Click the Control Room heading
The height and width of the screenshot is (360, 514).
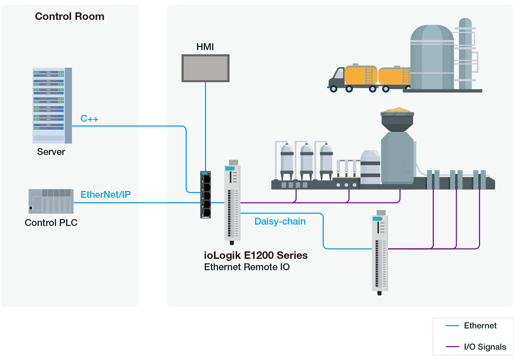(70, 16)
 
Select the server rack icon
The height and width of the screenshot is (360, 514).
(52, 105)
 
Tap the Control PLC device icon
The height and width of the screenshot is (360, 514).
(51, 201)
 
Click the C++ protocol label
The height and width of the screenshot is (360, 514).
(89, 119)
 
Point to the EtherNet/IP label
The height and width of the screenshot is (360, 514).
(106, 195)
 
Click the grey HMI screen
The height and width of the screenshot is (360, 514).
(205, 68)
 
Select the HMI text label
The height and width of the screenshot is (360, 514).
(205, 47)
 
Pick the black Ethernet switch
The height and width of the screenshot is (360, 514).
(206, 194)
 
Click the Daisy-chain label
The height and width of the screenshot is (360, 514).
(280, 221)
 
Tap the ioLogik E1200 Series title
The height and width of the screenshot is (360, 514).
(256, 255)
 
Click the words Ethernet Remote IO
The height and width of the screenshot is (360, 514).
(247, 267)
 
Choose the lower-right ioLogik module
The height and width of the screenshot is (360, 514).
(380, 252)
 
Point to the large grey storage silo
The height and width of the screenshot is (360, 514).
(432, 58)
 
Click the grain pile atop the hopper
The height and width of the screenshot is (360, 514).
(397, 110)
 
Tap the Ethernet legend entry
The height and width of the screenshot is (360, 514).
(480, 326)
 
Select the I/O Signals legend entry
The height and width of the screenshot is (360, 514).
(485, 347)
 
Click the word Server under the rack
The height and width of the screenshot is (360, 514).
(51, 152)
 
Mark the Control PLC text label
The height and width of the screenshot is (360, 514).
(51, 223)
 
